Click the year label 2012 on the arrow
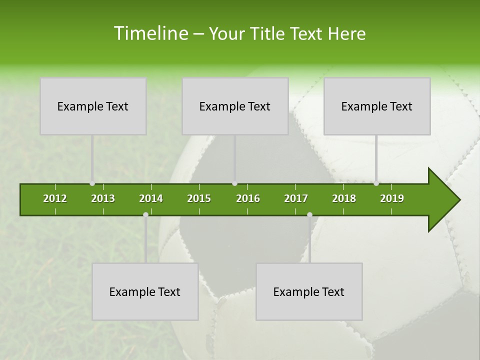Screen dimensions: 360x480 [55, 198]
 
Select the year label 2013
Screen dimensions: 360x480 [103, 198]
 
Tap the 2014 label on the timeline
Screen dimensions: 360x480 [151, 198]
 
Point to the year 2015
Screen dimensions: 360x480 [199, 198]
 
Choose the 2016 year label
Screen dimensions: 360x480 [248, 198]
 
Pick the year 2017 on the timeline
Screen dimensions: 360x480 [296, 198]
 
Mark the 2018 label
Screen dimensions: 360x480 [344, 198]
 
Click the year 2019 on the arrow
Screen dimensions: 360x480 [392, 198]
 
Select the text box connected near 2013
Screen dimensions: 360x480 [93, 106]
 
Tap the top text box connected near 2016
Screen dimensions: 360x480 [235, 106]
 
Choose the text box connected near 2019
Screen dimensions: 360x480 [377, 106]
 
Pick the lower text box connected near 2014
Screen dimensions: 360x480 [145, 291]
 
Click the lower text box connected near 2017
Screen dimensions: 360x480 [309, 291]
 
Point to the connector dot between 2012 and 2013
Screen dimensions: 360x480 [92, 183]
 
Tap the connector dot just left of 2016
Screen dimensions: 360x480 [235, 183]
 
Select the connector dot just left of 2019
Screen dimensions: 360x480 [376, 183]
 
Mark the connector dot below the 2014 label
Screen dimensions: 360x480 [145, 215]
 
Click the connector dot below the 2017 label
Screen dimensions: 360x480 [309, 215]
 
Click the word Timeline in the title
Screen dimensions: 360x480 [150, 33]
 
